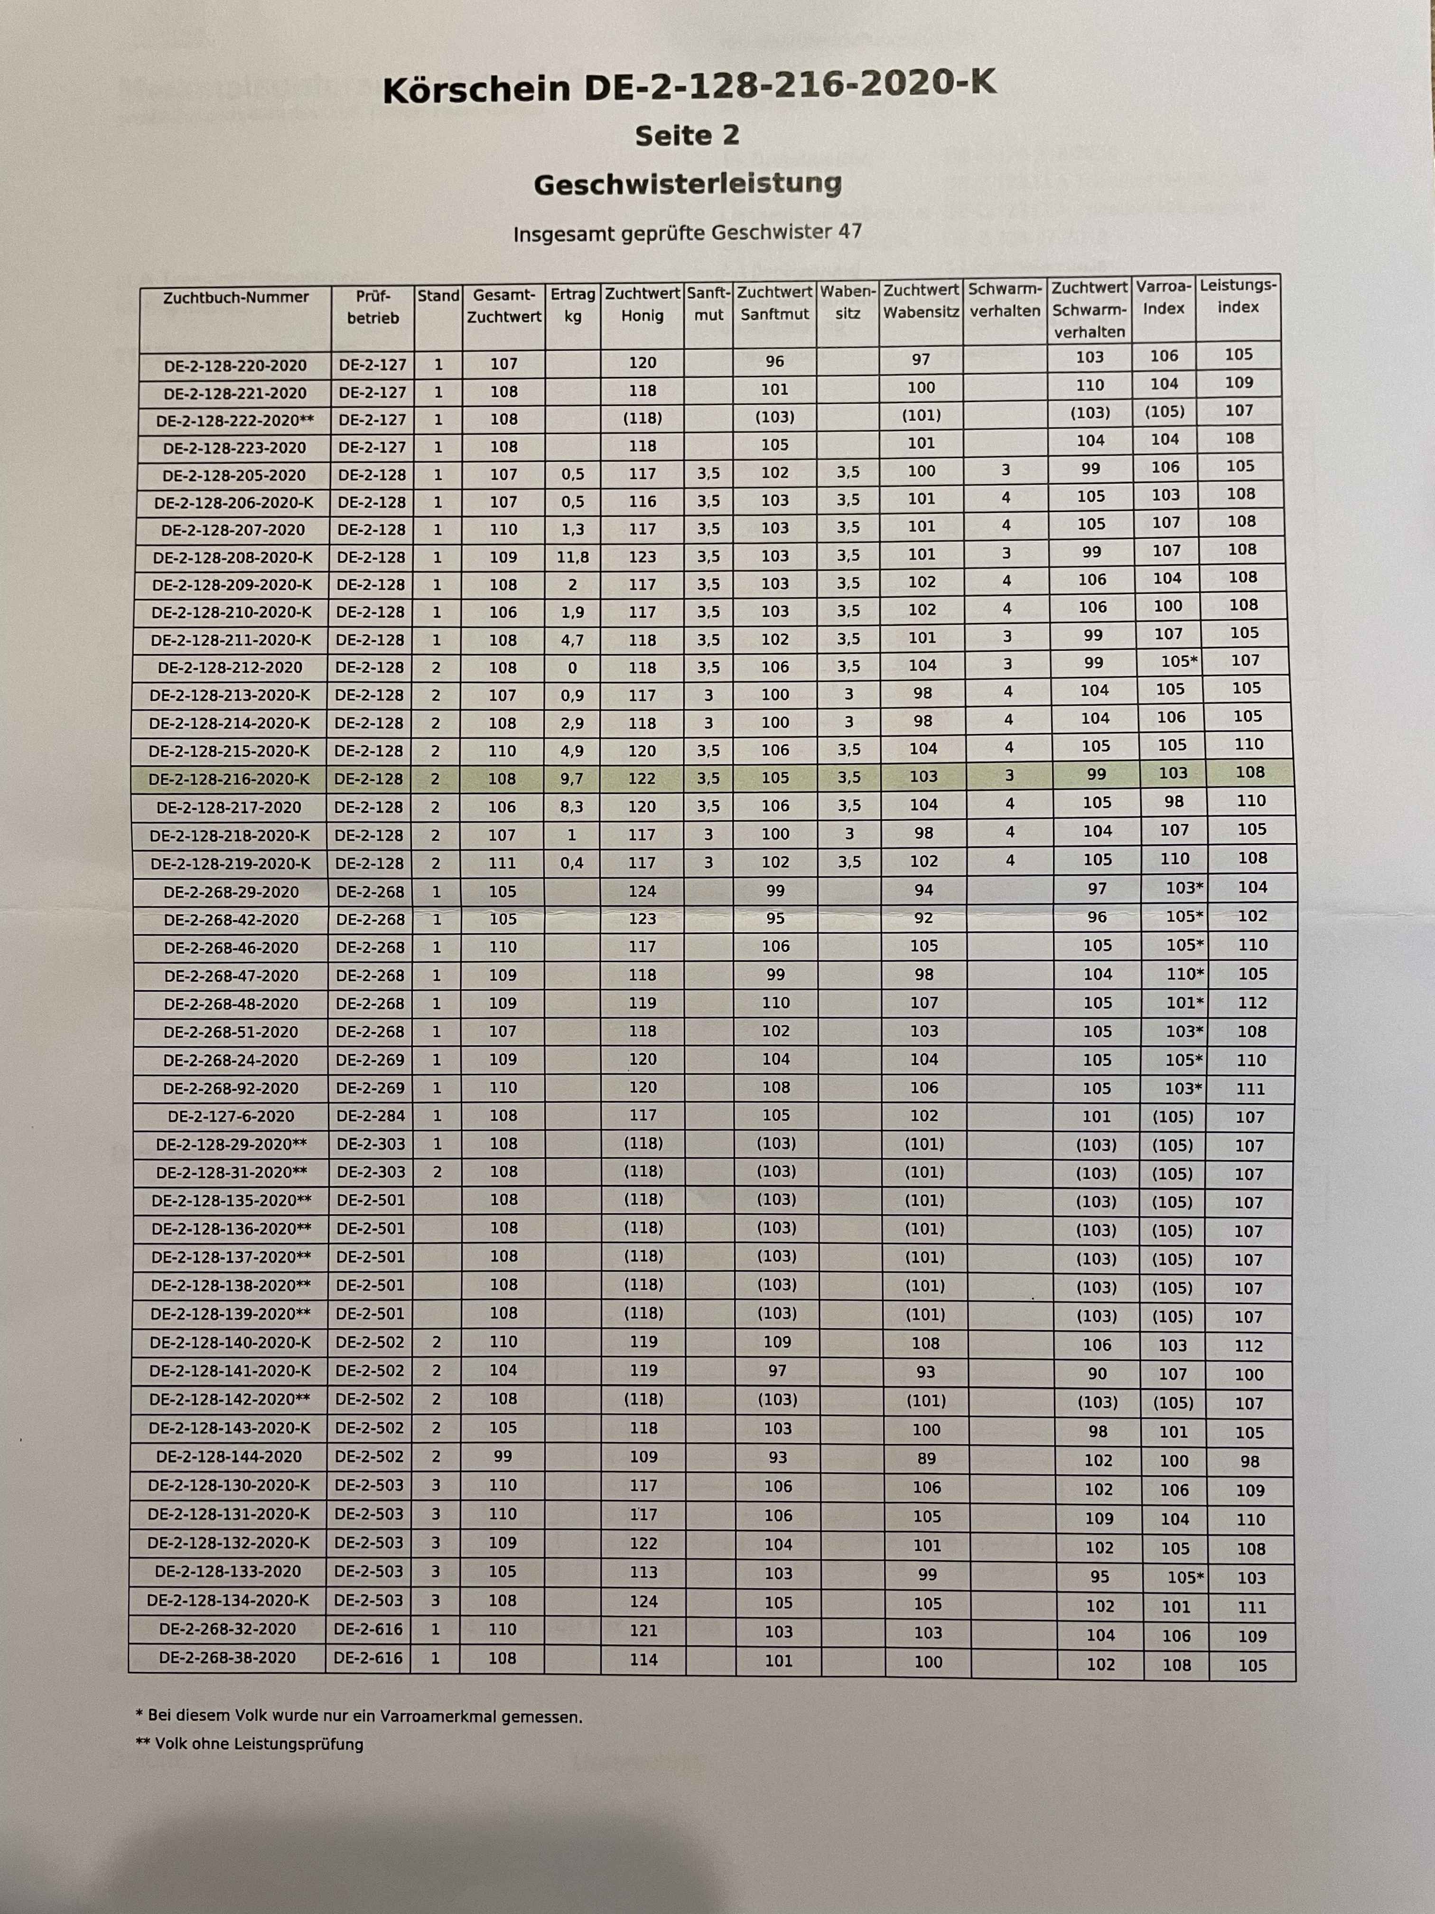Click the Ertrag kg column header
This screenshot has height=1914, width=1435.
tap(573, 305)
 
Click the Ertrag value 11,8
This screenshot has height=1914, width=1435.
tap(573, 557)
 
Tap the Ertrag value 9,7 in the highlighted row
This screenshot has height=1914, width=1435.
tap(572, 779)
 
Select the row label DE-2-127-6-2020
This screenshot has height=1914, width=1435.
tap(231, 1116)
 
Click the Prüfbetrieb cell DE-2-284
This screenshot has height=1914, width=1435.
tap(370, 1116)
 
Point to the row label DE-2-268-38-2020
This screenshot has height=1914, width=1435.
tap(227, 1658)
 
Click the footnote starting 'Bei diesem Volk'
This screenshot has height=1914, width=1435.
tap(359, 1716)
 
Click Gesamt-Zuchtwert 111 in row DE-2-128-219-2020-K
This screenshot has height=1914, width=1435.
tap(503, 863)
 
